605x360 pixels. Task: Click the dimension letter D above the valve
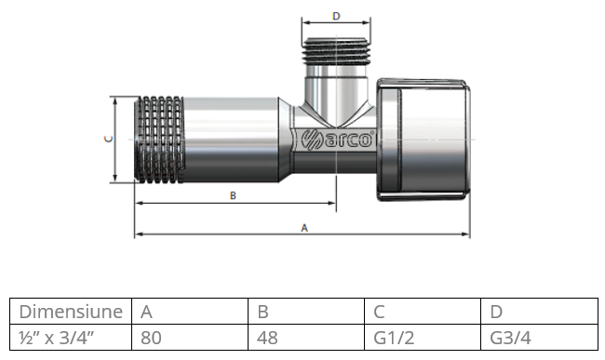point(336,16)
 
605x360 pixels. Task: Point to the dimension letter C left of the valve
point(109,139)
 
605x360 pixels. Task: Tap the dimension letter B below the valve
point(233,195)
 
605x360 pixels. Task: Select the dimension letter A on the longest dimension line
point(304,228)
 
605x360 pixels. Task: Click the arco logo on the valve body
point(337,139)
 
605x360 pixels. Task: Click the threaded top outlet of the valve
point(336,50)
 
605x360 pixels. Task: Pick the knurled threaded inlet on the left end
point(159,140)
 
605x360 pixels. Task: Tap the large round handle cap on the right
point(423,140)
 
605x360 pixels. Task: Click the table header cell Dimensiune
point(71,312)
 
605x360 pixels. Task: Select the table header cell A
point(190,312)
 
